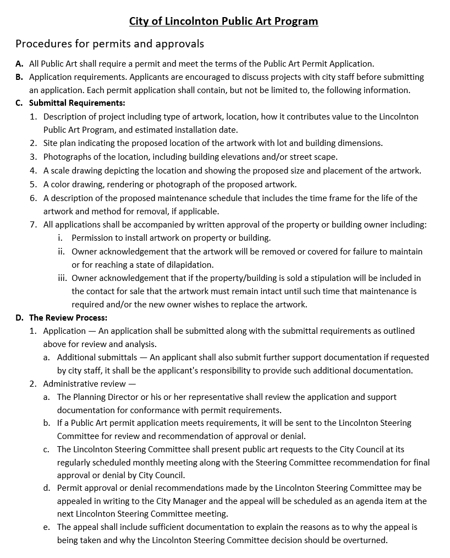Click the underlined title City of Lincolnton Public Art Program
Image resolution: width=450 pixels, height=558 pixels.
click(223, 21)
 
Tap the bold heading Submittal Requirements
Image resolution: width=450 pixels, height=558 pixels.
click(77, 103)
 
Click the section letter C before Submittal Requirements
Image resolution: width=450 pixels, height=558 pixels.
click(19, 103)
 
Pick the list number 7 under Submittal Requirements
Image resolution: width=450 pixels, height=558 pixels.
click(33, 224)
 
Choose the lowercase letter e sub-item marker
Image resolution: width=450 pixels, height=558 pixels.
click(47, 527)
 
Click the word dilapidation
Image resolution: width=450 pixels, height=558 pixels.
click(187, 264)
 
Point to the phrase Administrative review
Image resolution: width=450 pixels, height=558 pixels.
click(85, 383)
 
